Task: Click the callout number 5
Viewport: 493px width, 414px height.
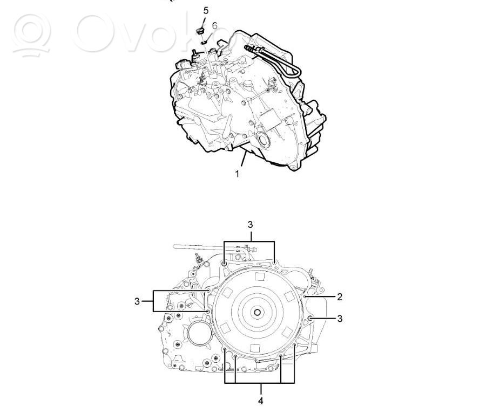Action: (206, 11)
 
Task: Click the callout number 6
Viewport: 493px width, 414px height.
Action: (214, 26)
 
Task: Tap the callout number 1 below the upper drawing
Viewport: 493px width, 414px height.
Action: (237, 174)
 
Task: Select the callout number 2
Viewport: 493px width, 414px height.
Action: (340, 296)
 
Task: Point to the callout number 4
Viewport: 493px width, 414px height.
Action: (261, 401)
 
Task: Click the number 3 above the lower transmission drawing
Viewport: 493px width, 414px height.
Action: (250, 225)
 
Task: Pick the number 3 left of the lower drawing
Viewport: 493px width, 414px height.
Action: (137, 301)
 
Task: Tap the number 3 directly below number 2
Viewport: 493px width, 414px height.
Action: (340, 319)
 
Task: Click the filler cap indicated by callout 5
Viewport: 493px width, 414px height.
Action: (200, 31)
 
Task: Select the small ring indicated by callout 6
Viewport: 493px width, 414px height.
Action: (204, 42)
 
